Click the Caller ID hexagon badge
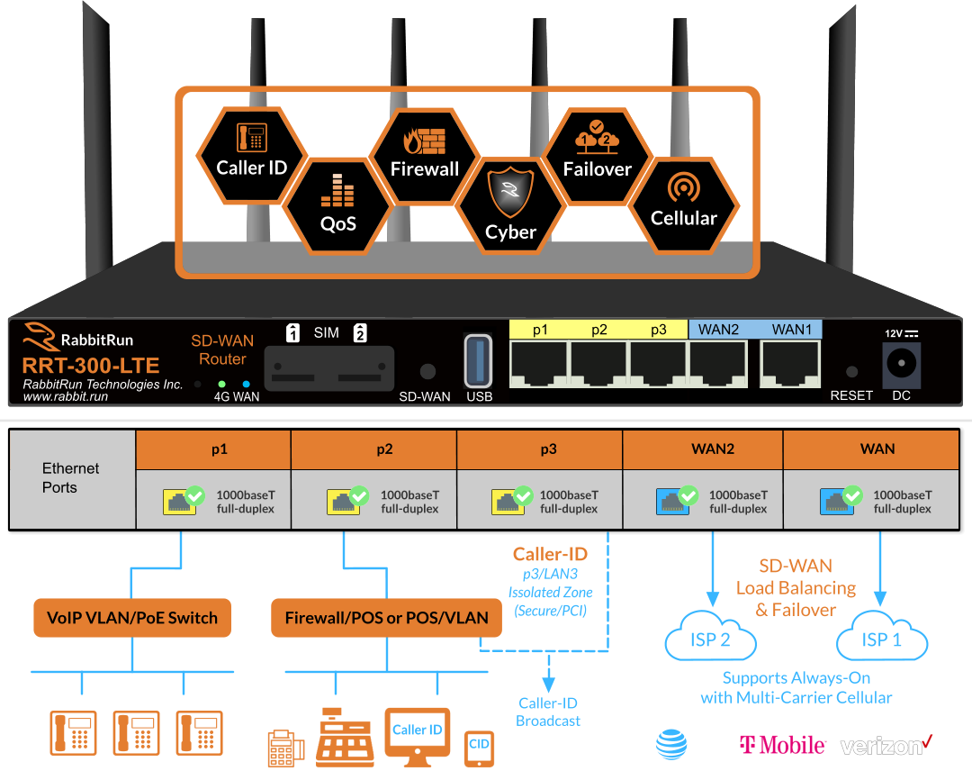252,154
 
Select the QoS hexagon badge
338,208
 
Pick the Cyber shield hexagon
510,206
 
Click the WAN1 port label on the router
791,330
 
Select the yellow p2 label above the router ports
599,330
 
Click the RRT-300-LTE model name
91,366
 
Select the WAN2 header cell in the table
712,449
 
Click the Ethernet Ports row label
71,478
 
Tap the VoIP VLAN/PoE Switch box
131,618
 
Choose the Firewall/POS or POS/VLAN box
387,618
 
